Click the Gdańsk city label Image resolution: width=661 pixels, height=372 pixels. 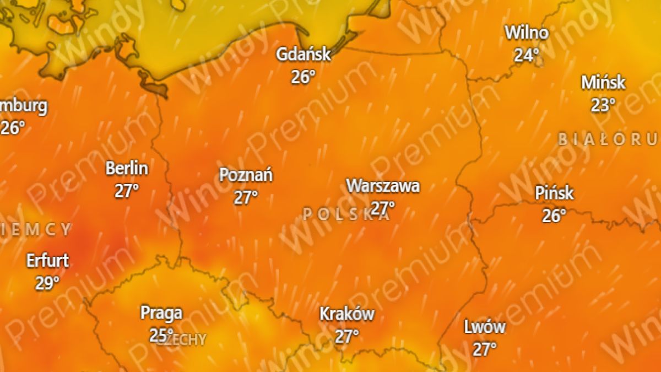[304, 54]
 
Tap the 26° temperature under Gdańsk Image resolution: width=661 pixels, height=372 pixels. [303, 76]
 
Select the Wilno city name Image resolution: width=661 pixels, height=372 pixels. [527, 33]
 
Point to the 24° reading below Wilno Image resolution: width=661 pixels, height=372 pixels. [527, 55]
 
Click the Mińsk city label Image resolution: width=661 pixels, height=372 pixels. [603, 83]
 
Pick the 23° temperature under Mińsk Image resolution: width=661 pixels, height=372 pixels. [603, 105]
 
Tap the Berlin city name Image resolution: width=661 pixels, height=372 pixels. [127, 168]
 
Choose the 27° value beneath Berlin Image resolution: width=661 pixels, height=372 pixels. [127, 191]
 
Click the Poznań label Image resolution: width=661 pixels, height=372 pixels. [246, 175]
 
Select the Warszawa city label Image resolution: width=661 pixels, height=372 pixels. [383, 186]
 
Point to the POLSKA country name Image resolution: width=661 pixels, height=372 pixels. [346, 214]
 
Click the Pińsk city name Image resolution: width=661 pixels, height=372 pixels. [554, 193]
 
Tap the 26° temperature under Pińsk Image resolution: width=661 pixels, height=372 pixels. [554, 215]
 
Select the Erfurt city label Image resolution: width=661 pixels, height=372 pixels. [47, 260]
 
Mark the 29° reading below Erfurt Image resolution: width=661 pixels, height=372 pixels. [47, 283]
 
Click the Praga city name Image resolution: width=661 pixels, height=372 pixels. [161, 313]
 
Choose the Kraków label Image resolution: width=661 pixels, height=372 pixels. [347, 314]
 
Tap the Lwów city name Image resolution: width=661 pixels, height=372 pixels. [485, 327]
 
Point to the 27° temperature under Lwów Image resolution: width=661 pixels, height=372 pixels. [485, 349]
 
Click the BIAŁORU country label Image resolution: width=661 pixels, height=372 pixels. [608, 139]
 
